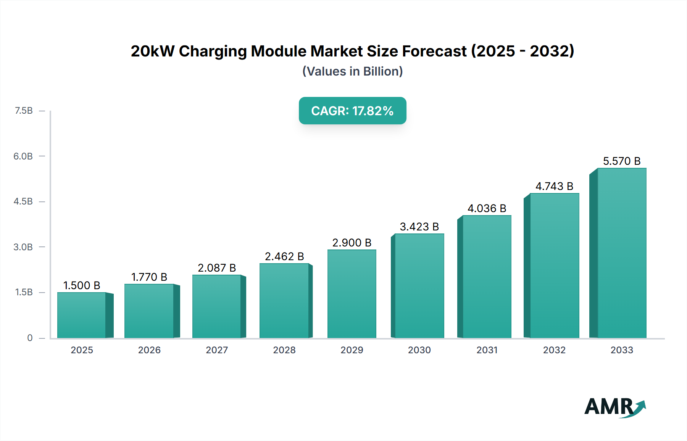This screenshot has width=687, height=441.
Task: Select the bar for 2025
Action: tap(82, 315)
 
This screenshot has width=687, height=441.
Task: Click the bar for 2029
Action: tap(352, 294)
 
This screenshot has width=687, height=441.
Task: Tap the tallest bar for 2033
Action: tap(622, 253)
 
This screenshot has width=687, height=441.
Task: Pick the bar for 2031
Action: tap(487, 277)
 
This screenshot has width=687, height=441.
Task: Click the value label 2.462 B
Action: tap(284, 256)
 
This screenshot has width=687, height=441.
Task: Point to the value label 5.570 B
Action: tap(622, 161)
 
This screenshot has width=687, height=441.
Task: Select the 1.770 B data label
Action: tap(149, 277)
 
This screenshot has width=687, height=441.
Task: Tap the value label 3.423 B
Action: tap(419, 227)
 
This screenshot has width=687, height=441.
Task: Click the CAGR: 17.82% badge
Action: tap(352, 111)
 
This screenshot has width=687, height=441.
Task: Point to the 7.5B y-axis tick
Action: tap(24, 111)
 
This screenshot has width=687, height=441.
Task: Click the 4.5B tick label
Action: tap(23, 201)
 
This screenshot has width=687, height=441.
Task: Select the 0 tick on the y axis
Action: tap(30, 338)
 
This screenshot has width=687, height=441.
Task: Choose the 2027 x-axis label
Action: tap(217, 350)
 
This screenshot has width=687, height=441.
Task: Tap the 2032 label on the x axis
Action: tap(554, 350)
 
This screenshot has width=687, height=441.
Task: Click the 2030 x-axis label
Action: tap(419, 350)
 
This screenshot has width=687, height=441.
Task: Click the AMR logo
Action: tap(614, 407)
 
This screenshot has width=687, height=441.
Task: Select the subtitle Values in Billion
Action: tap(352, 71)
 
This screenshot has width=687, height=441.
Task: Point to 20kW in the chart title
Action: tap(152, 51)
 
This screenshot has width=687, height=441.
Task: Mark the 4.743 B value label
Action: tap(554, 186)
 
